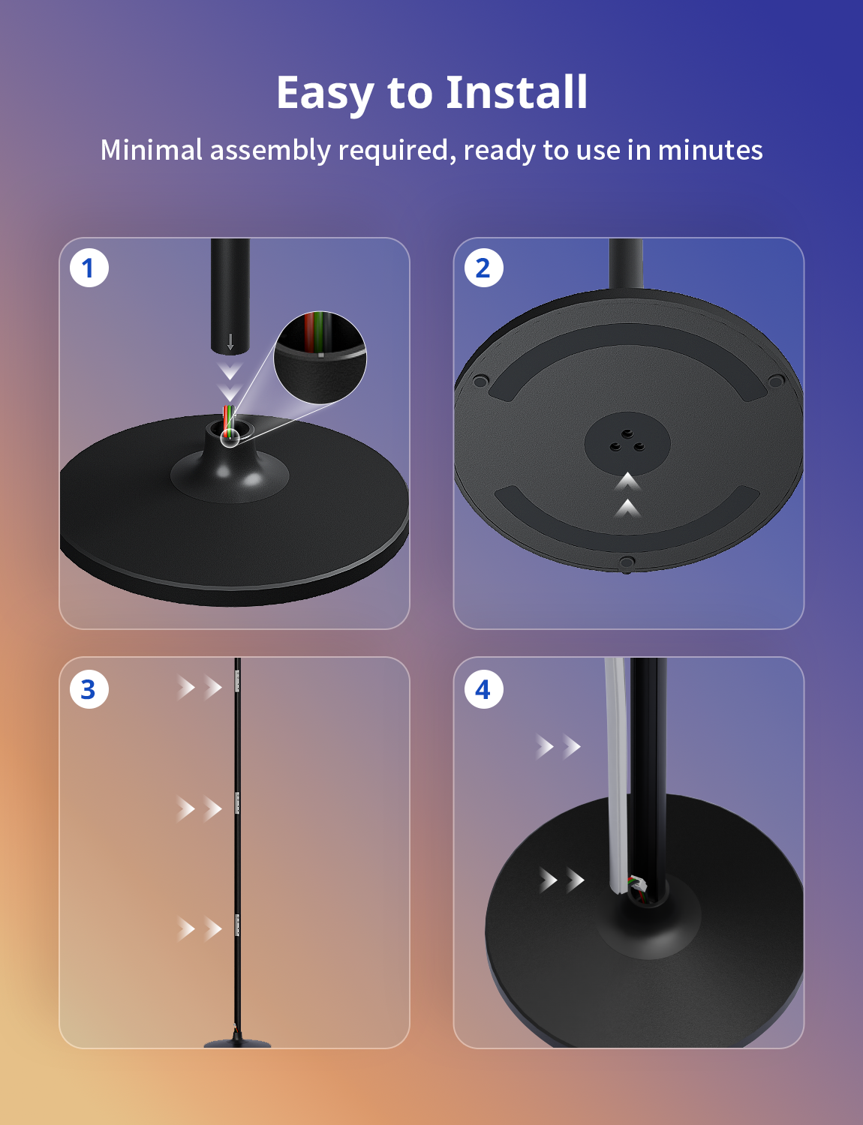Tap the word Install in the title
[x=516, y=92]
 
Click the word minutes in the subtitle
[x=710, y=150]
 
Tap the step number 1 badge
[x=89, y=268]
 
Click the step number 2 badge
[x=484, y=268]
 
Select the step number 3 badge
[x=89, y=689]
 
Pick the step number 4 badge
[x=484, y=689]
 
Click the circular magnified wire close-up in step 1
[x=320, y=357]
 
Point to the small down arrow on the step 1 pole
[x=230, y=342]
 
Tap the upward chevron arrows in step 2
[x=628, y=495]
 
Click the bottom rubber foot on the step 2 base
[x=627, y=562]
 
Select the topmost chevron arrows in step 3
[x=200, y=688]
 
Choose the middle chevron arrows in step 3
[x=200, y=808]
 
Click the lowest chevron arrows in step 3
[x=200, y=928]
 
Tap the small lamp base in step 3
[x=237, y=1042]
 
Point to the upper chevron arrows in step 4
[x=558, y=746]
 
